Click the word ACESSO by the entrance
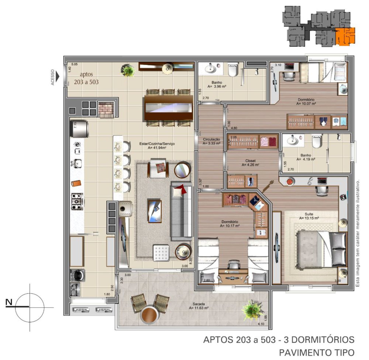(52, 77)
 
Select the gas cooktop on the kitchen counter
(77, 201)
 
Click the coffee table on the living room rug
(154, 211)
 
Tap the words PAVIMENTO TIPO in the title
(317, 352)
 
